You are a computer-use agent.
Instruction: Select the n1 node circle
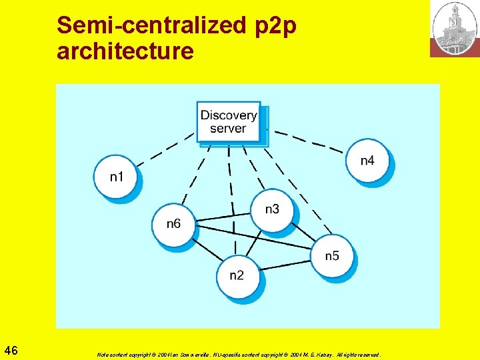coord(116,177)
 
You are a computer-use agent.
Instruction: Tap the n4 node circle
coord(367,161)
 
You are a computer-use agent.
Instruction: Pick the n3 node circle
coord(272,209)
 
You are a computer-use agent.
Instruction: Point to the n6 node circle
coord(173,224)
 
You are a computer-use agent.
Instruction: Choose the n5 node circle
coord(332,255)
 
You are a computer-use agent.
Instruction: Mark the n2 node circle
coord(237,275)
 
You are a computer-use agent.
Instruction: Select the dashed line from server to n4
coord(307,142)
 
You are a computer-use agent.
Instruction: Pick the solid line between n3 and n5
coord(304,233)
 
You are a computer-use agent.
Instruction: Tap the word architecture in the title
coord(125,51)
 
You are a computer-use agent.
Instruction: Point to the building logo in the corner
coord(454,29)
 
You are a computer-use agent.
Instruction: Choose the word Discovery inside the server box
coord(229,115)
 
